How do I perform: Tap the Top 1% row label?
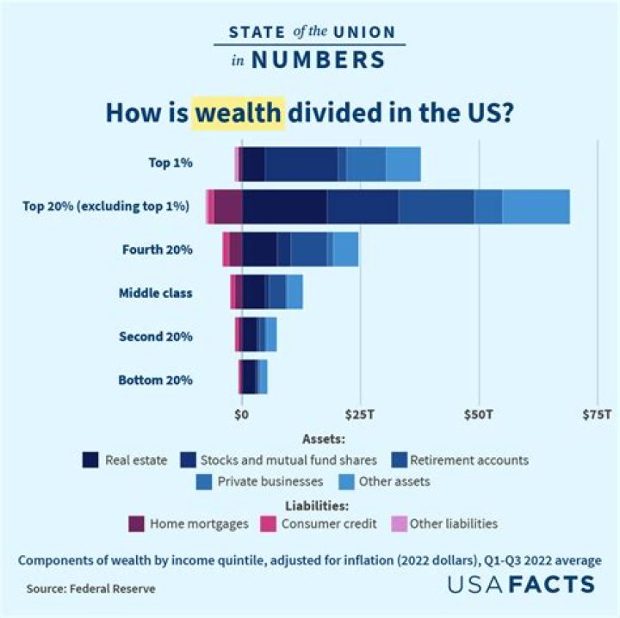pos(170,163)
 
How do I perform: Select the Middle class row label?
pos(155,293)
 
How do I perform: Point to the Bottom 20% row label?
pos(155,379)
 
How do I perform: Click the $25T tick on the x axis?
pos(359,415)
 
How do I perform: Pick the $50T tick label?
pos(478,415)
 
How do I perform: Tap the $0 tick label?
pos(242,415)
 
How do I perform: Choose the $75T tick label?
pos(596,415)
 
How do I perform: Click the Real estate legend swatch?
pos(90,460)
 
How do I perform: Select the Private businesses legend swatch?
pos(204,481)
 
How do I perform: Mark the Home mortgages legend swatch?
pos(135,522)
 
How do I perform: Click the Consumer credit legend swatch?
pos(272,522)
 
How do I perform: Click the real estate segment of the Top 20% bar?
pos(284,207)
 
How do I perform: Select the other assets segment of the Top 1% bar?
pos(403,164)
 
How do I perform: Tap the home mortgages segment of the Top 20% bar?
pos(228,207)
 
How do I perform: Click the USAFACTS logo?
pos(520,584)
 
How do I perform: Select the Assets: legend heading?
pos(324,437)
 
